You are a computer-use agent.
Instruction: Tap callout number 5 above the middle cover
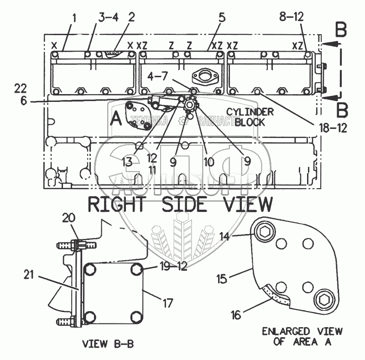(222, 18)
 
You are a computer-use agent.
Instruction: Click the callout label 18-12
(332, 128)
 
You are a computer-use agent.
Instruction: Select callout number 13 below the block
(127, 161)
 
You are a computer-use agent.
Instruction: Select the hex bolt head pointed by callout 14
(264, 232)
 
